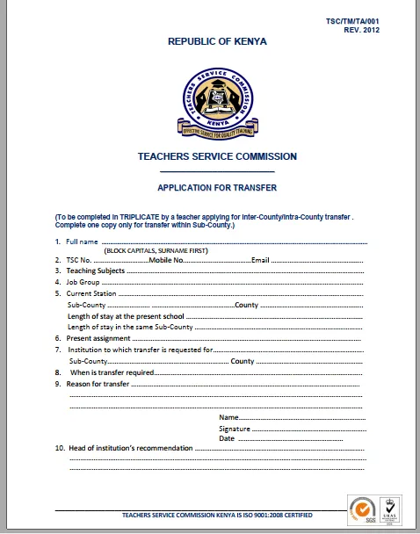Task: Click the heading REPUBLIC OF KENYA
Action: click(217, 41)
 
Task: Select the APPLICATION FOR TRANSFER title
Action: click(217, 187)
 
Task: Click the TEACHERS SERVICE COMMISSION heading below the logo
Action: click(217, 156)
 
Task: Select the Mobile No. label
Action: click(166, 260)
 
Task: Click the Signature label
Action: click(235, 428)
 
